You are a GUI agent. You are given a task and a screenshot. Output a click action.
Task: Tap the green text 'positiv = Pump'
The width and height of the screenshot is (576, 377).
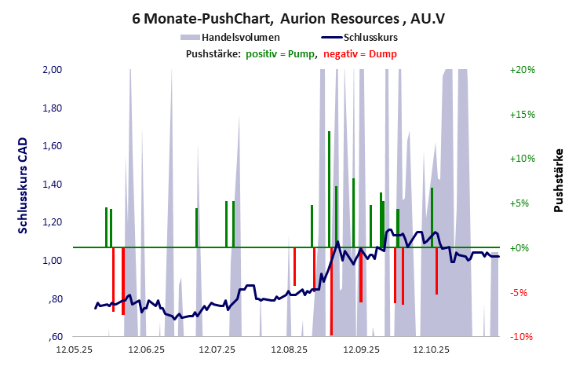point(280,53)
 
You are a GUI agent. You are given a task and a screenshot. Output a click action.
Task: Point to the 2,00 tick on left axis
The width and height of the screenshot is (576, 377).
point(50,70)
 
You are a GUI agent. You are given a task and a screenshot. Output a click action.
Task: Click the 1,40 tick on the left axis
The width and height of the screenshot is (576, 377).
point(50,185)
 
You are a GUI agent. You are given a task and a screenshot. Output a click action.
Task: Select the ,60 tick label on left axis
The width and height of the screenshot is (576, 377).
point(53,337)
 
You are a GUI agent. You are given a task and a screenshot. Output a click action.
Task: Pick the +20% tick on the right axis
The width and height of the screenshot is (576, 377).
point(522,70)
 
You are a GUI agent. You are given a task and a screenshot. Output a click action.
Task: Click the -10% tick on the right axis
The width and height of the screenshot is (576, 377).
point(522,337)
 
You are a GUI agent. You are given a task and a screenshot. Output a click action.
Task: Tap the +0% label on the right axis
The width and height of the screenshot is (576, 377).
point(519,248)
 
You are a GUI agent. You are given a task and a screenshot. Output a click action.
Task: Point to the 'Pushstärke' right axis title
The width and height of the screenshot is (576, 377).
point(559,180)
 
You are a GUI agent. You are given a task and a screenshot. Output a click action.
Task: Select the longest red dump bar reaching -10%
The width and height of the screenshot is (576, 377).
point(331,292)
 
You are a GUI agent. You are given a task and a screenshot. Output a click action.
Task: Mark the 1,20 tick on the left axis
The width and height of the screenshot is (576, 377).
point(50,222)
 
